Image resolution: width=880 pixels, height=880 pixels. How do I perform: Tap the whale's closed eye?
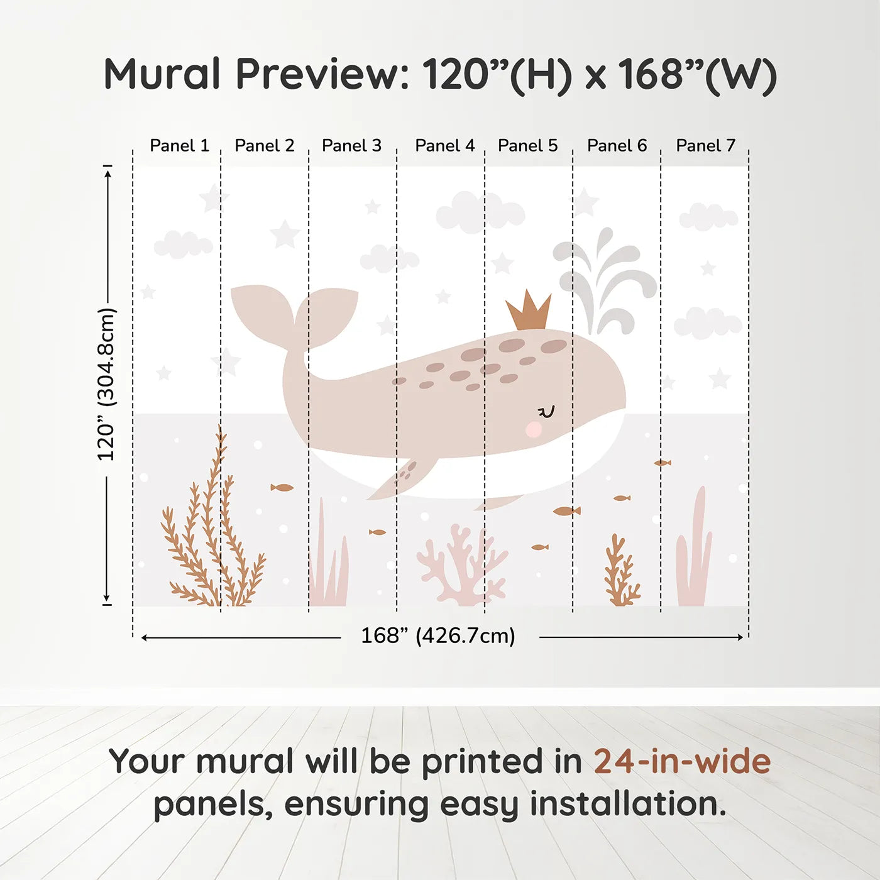(547, 412)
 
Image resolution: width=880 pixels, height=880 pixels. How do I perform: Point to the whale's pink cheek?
(534, 429)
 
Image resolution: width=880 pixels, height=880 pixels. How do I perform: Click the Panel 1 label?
(179, 146)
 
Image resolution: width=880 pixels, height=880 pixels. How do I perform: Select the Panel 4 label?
(444, 146)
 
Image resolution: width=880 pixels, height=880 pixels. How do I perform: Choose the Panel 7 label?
(705, 146)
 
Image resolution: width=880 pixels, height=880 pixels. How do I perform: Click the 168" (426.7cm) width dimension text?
(437, 636)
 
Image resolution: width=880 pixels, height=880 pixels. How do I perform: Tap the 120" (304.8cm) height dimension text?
(106, 385)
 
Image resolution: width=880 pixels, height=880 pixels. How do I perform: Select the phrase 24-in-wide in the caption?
(682, 762)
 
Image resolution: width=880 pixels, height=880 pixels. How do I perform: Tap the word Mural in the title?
(162, 74)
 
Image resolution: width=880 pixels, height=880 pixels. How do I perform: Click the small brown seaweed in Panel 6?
(620, 572)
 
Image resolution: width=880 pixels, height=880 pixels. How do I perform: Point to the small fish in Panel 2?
(282, 487)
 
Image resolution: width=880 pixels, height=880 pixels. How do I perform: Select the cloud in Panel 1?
(183, 245)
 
